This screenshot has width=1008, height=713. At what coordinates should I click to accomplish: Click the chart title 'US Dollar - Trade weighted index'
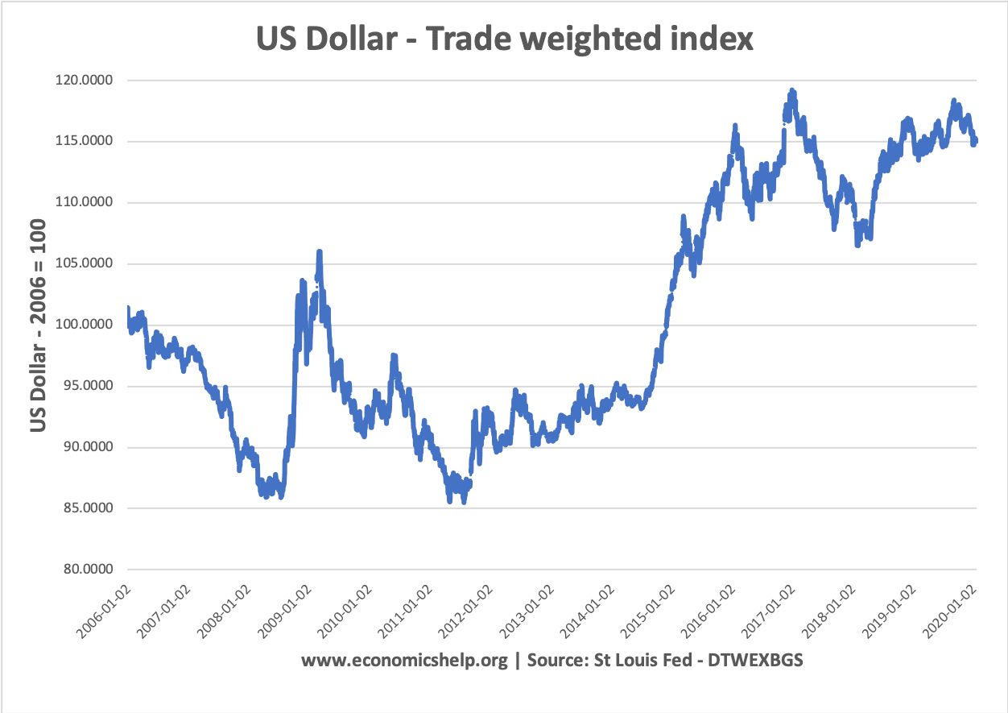point(504,39)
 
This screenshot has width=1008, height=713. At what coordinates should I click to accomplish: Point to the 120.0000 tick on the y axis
point(84,81)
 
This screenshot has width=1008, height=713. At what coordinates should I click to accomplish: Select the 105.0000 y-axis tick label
point(84,263)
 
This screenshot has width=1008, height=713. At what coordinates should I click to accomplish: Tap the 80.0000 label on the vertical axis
point(88,569)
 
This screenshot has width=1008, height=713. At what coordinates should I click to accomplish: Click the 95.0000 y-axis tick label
point(88,386)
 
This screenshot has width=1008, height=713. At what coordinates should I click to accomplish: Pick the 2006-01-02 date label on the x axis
point(104,611)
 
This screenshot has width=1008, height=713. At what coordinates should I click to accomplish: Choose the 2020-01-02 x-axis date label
point(949,611)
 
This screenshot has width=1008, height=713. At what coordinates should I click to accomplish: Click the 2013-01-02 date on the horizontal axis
point(527,611)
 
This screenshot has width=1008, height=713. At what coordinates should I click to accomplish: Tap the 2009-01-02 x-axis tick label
point(285,611)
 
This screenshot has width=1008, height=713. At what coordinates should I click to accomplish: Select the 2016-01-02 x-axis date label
point(708,611)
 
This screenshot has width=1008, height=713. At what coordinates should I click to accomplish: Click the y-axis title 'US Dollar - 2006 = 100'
point(39,325)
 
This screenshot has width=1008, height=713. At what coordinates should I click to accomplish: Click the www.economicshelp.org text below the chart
point(404,661)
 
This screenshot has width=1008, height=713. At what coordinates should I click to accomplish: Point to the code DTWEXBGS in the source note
point(755,660)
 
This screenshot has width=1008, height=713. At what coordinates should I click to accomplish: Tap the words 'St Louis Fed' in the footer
point(642,660)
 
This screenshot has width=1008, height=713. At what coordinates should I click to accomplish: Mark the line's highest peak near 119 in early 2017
point(792,90)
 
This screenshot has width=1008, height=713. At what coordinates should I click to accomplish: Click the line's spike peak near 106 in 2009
point(320,251)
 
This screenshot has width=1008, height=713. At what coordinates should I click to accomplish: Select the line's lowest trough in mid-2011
point(464,502)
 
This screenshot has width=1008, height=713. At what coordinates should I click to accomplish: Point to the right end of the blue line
point(976,141)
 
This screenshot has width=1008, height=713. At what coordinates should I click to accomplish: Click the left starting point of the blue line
point(127,308)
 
